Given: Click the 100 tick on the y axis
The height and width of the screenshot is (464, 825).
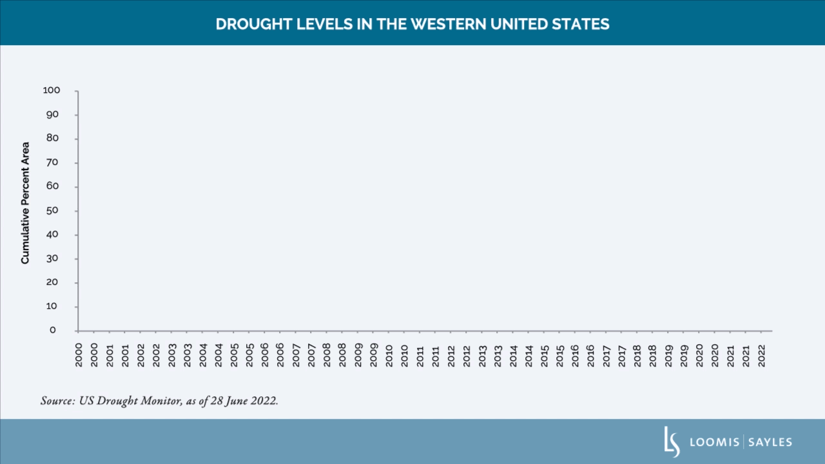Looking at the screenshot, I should [x=52, y=91].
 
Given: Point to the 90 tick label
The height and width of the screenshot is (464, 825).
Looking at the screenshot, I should [x=53, y=115].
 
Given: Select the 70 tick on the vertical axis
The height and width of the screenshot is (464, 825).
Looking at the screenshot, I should [x=53, y=162].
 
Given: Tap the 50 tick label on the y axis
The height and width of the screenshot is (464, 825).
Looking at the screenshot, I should [x=53, y=211].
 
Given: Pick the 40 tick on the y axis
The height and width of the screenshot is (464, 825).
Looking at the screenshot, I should [x=53, y=235].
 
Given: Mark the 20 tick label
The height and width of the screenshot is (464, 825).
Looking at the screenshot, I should [x=53, y=282].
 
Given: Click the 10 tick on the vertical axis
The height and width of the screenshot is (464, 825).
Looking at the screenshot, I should [x=53, y=307].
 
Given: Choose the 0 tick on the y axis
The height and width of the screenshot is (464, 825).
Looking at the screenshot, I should [x=53, y=330].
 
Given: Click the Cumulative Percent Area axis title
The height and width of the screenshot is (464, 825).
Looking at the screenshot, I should [x=26, y=202].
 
